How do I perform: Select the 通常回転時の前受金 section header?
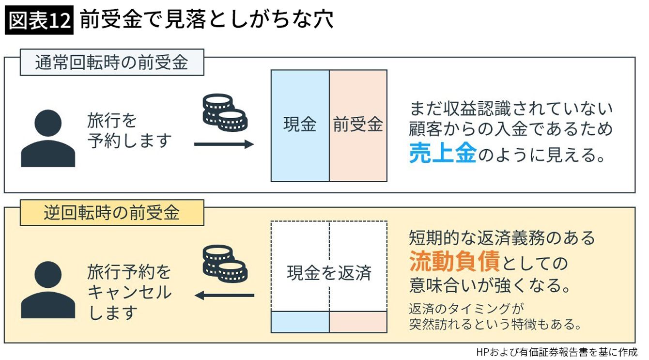111,63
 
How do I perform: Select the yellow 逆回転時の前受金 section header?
111,213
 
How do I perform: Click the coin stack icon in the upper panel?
223,112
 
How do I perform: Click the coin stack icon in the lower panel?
223,264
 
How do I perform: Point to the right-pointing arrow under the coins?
224,144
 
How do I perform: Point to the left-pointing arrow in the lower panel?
224,295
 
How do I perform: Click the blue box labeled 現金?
300,125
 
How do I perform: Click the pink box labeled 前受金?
358,125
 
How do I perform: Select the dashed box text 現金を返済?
329,273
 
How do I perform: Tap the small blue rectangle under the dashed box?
300,322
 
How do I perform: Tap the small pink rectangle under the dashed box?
358,322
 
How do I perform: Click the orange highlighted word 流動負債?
454,262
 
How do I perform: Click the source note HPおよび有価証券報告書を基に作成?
556,352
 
